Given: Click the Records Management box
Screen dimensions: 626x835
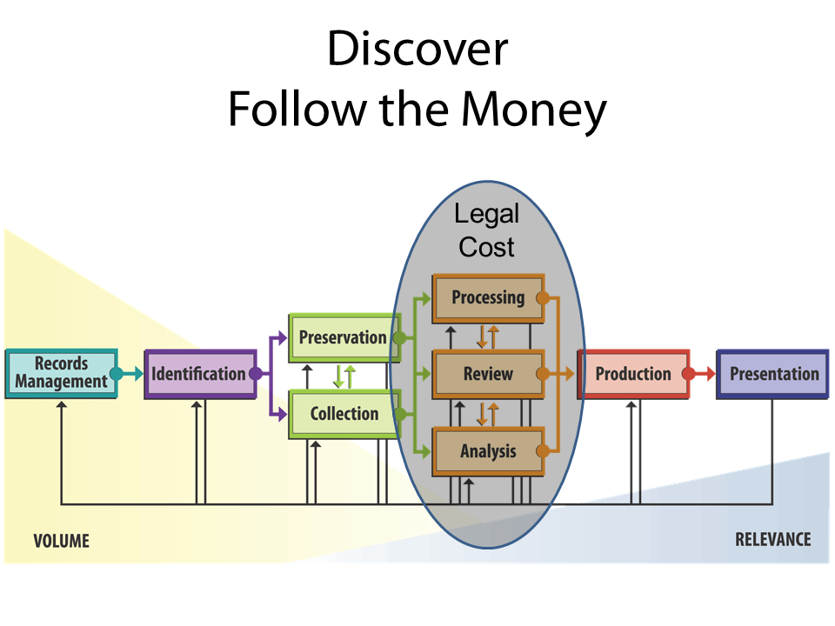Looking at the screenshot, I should coord(61,374).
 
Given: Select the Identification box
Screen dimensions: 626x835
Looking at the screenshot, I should coord(199,374).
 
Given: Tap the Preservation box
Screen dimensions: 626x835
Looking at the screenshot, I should coord(343,337).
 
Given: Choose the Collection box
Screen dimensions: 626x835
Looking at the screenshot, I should coord(343,414).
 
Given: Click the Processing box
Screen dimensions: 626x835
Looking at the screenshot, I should coord(488,298).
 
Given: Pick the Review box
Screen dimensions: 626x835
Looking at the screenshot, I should coord(488,375).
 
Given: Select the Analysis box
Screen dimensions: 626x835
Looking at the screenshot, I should coord(488,451).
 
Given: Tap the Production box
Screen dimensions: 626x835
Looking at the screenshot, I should coord(633,375).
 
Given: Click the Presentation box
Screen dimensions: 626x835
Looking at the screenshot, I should coord(773,375).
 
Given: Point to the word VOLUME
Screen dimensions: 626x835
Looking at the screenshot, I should coord(61,541).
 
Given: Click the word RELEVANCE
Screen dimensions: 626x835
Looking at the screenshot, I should coord(772,539).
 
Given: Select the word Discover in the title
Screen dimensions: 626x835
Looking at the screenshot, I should coord(417,50).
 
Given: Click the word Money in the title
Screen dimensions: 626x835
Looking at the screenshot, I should coord(533,110).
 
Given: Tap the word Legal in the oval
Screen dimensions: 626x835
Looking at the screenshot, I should coord(487,214).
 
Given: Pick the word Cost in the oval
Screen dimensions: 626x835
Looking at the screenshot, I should coord(487,247).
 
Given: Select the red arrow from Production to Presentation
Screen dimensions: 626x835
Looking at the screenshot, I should coord(701,375).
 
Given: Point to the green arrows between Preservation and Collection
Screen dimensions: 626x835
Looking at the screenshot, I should coord(344,376).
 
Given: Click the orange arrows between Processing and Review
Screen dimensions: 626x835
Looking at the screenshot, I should coord(487,336).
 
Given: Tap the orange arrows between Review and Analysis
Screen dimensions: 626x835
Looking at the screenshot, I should coord(487,414).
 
